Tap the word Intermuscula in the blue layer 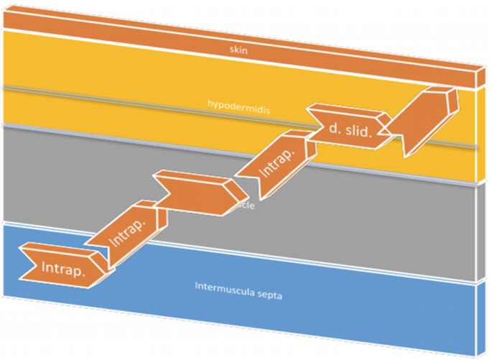[x=223, y=286]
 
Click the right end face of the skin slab [x=475, y=76]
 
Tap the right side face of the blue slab [x=479, y=316]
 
